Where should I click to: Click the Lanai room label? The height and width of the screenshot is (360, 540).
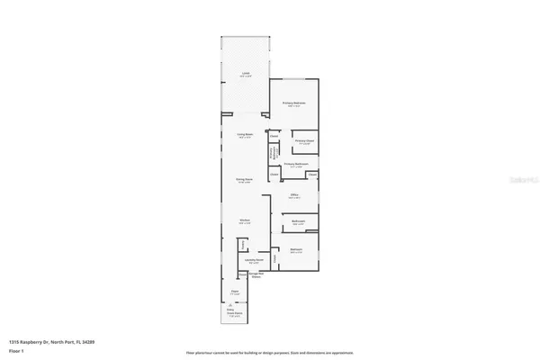[x=244, y=74]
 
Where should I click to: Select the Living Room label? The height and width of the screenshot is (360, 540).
[x=243, y=135]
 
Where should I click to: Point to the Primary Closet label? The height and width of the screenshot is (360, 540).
[x=303, y=141]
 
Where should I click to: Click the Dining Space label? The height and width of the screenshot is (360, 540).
[x=243, y=179]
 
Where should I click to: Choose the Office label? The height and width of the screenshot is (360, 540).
[x=294, y=194]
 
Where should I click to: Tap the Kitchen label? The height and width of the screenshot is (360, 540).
[x=244, y=220]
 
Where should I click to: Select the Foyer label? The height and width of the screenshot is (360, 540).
[x=234, y=291]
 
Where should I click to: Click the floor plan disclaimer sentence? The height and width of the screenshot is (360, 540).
[x=269, y=353]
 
